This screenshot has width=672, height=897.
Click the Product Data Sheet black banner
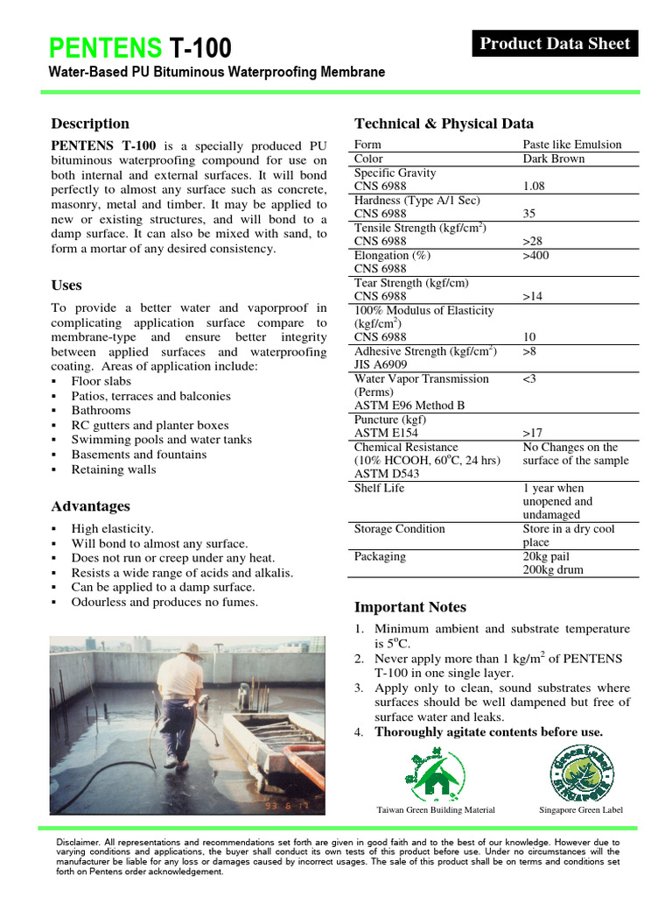coord(555,44)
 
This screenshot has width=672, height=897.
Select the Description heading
coord(90,124)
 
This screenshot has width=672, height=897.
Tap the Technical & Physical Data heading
coord(444,124)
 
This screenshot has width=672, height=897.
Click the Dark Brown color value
coord(554,159)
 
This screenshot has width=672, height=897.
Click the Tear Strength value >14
coord(534,296)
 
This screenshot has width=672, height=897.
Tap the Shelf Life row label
coord(379,488)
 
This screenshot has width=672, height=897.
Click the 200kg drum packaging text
coord(554,569)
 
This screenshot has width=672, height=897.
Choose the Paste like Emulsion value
coord(572,145)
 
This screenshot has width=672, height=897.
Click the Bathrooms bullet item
coord(101,410)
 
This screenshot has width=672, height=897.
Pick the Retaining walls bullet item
coord(114,469)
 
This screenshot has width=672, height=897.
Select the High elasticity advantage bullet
coord(112,528)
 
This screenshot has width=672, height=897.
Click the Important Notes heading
coord(410,607)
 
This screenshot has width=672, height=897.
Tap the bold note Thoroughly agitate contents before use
coord(488,731)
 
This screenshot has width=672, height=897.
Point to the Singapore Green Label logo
coord(581,771)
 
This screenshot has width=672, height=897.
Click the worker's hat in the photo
coord(191,650)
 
